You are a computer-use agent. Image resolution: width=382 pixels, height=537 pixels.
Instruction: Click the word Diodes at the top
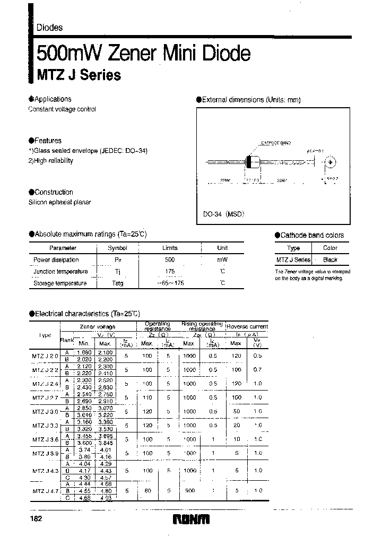(x=49, y=28)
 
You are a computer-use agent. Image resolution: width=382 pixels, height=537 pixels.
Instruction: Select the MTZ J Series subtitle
(x=78, y=75)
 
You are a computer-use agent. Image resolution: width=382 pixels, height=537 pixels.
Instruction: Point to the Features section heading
(x=48, y=141)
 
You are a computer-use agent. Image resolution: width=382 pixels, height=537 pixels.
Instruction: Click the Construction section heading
(x=54, y=192)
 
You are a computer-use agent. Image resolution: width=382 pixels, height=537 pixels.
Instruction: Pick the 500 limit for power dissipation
(x=170, y=260)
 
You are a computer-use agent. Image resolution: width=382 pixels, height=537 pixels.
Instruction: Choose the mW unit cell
(x=222, y=260)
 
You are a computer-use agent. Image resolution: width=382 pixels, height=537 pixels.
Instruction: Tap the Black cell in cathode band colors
(x=330, y=260)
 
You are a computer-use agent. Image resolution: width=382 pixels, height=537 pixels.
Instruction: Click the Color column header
(x=330, y=248)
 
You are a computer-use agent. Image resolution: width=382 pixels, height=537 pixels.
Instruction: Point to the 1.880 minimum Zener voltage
(x=84, y=352)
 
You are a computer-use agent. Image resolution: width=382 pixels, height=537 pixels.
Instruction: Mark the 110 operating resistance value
(x=147, y=397)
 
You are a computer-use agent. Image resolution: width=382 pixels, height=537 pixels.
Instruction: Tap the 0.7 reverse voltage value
(x=257, y=369)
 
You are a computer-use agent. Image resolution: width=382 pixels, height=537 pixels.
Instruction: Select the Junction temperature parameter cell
(x=60, y=272)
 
